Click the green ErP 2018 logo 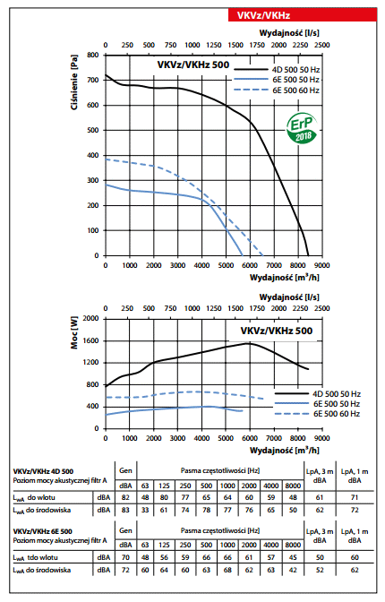tap(302, 128)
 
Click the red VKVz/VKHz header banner tap(303, 15)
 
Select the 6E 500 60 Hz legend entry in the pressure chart tap(277, 90)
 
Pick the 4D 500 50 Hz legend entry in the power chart tap(318, 394)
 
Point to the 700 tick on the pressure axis tap(94, 80)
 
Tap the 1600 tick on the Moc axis tap(91, 340)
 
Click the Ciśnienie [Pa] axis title tap(74, 82)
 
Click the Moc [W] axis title tap(74, 332)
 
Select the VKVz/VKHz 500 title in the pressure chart tap(193, 64)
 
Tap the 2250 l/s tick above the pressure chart tap(300, 45)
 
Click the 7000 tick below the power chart tap(274, 438)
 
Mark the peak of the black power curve tap(250, 343)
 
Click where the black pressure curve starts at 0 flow tap(106, 75)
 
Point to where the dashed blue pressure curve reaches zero tap(263, 255)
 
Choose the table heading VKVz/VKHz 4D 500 tap(43, 471)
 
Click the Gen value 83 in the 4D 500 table tap(125, 511)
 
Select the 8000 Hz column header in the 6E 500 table tap(293, 545)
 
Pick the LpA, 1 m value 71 tap(355, 497)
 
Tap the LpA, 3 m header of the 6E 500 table tap(320, 536)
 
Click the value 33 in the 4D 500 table tap(145, 511)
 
